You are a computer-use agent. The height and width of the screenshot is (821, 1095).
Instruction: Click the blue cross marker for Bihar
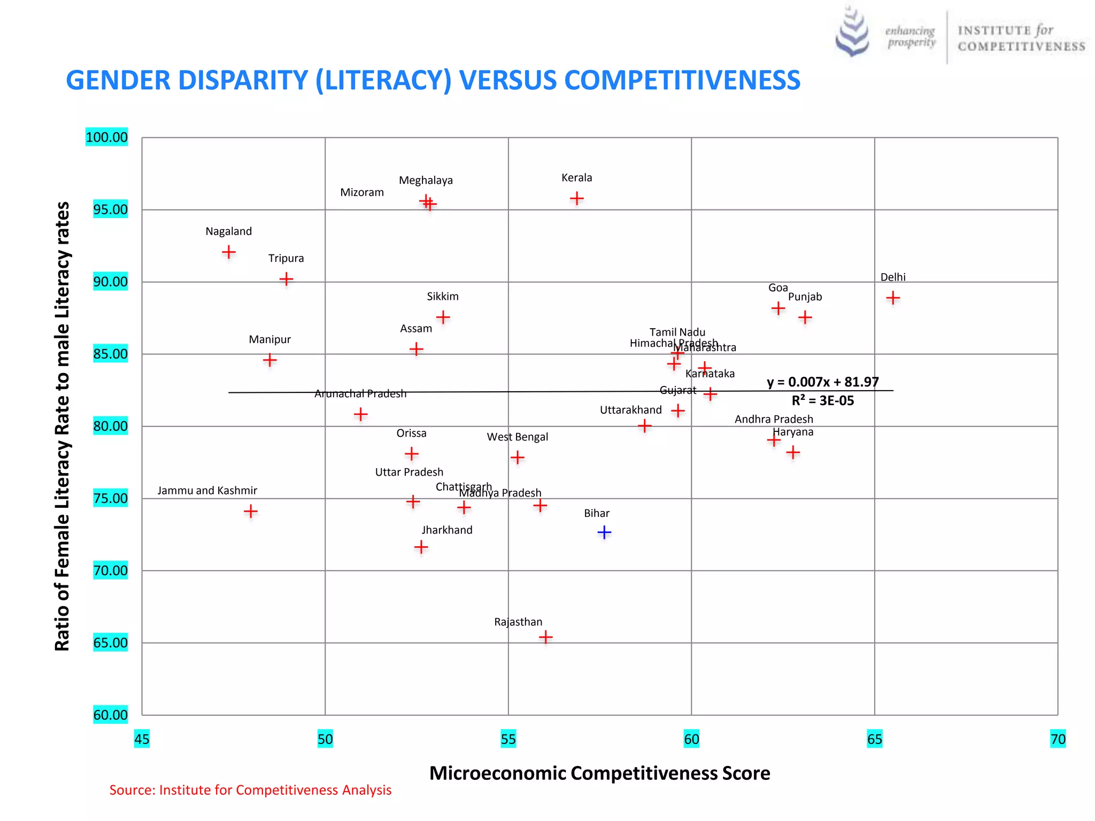coord(604,532)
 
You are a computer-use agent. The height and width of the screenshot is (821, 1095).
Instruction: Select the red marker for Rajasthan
coord(545,637)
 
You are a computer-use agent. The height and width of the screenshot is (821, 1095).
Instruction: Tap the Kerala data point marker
coord(576,199)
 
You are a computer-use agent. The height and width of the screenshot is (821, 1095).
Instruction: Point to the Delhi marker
coord(893,298)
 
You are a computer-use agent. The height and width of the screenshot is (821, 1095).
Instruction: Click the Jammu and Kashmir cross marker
coord(250,512)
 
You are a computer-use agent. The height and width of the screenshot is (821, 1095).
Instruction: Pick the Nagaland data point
coord(228,252)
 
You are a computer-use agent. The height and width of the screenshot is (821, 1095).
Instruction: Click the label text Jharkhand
coord(447,530)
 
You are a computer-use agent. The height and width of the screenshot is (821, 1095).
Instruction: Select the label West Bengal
coord(517,437)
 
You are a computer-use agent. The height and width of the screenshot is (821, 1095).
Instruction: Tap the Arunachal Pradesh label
coord(360,394)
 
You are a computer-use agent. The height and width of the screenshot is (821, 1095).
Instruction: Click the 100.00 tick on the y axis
coord(107,137)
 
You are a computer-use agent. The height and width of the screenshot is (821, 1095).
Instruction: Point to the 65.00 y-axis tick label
coord(110,642)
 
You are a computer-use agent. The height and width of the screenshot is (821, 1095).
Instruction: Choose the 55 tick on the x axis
coord(508,739)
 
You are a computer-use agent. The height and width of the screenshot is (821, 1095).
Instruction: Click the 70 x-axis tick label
coord(1058,739)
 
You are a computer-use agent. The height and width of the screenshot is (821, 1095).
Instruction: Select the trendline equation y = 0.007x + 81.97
coord(822,382)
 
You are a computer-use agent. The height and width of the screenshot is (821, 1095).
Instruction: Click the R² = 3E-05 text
coord(822,401)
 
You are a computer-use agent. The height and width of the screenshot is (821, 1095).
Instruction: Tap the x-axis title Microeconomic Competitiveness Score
coord(599,773)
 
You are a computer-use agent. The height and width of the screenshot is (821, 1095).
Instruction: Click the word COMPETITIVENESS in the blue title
coord(682,80)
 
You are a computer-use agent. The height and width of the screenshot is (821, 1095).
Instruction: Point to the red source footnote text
coord(250,790)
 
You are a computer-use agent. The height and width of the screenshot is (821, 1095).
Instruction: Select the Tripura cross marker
coord(286,279)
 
